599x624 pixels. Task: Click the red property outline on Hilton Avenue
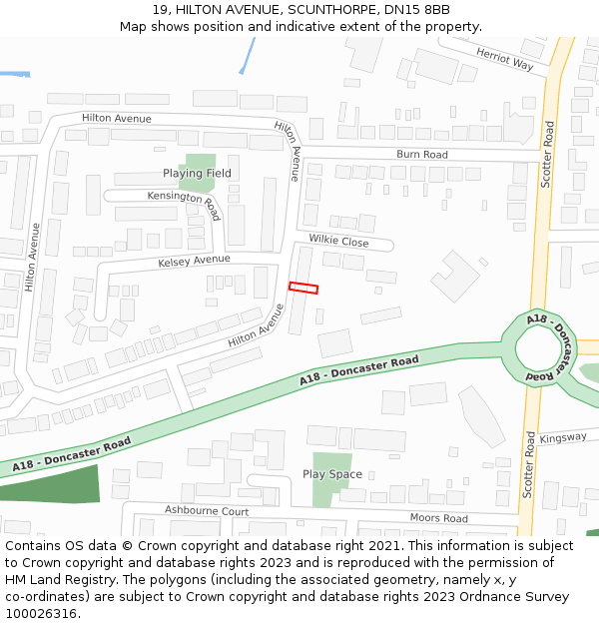(x=303, y=289)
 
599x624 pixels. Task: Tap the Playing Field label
(x=197, y=174)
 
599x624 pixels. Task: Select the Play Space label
(x=332, y=474)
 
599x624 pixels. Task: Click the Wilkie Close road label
(x=338, y=242)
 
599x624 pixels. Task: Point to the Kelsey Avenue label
(x=194, y=262)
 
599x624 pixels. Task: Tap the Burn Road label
(x=421, y=155)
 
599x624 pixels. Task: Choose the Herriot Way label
(x=504, y=61)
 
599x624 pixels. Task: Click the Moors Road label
(x=438, y=518)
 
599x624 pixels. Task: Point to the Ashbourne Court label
(x=207, y=510)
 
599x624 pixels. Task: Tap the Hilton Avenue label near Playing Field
(x=117, y=119)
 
